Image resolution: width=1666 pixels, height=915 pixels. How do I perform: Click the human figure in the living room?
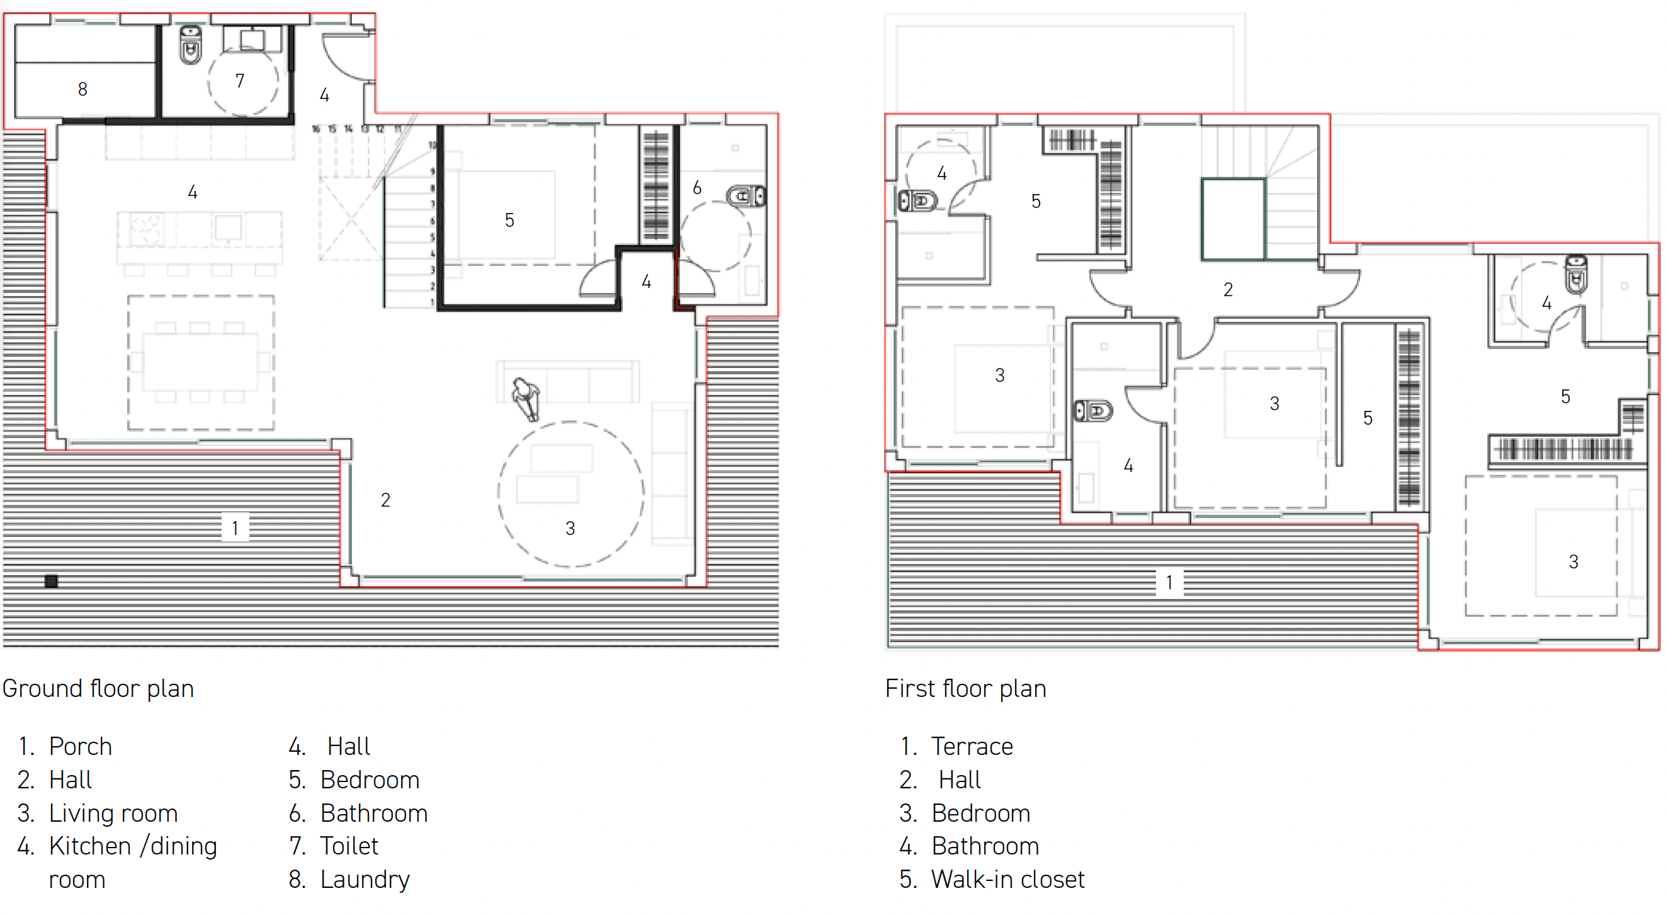(526, 398)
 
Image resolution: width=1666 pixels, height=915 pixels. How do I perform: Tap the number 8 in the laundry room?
(82, 89)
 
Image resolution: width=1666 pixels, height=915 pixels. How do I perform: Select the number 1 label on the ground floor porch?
(235, 528)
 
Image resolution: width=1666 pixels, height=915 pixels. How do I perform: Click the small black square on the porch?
(51, 581)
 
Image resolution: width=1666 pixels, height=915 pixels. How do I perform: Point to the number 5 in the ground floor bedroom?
(509, 221)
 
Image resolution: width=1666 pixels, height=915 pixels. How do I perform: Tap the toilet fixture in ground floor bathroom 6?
(745, 196)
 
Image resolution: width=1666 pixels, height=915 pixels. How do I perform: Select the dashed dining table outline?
(200, 362)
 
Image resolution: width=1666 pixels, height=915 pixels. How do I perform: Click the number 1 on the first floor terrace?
(1169, 583)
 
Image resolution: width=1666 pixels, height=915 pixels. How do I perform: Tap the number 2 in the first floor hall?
(1228, 290)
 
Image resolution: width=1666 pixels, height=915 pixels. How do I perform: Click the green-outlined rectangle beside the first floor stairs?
(1233, 219)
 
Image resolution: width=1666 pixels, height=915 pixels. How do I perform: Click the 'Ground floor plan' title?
(98, 689)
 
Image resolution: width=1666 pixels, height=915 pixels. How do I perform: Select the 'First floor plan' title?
(965, 689)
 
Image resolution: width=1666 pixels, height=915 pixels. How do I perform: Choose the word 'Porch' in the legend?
(80, 747)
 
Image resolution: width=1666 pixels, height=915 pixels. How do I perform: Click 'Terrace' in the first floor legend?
(972, 747)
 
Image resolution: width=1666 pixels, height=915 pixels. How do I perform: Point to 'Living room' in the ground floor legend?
(113, 814)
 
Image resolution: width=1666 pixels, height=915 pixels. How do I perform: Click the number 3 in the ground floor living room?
(570, 529)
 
